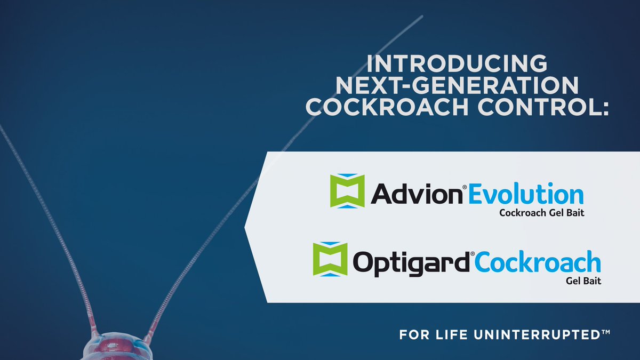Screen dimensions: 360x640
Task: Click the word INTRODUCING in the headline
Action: (457, 63)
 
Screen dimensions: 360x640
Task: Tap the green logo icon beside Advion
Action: (347, 190)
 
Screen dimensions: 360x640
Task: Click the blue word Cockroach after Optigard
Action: (537, 263)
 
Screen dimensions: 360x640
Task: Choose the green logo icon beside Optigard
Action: (330, 259)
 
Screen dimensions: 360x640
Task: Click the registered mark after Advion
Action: (464, 187)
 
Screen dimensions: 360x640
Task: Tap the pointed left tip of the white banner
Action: (245, 227)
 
